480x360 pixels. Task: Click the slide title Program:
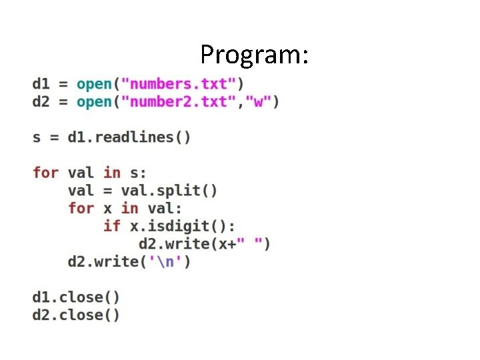(254, 54)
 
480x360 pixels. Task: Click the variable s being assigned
(37, 137)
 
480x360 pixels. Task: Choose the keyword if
(111, 226)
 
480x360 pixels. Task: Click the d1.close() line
(76, 297)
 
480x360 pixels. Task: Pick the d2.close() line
(76, 315)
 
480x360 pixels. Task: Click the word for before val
(45, 173)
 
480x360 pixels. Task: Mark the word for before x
(81, 208)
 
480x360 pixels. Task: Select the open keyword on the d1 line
(94, 84)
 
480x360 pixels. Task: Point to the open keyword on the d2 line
(94, 102)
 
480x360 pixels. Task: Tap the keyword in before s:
(112, 173)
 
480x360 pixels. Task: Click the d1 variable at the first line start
(41, 84)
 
